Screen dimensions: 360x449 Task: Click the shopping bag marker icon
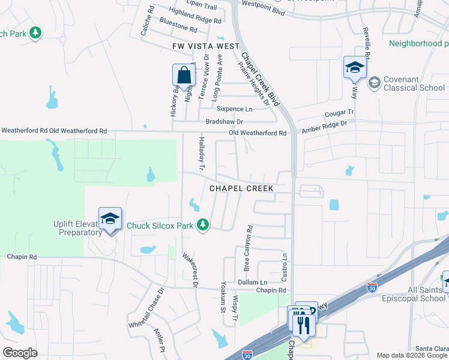[x=183, y=76]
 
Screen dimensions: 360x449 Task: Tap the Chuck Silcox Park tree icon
[x=203, y=224]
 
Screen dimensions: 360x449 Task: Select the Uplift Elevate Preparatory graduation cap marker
[x=110, y=219]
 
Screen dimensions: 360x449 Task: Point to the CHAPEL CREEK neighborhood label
[x=241, y=188]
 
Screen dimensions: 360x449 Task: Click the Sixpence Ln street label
[x=234, y=109]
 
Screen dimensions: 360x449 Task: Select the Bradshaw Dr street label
[x=224, y=121]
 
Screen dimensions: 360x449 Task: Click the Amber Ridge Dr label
[x=325, y=125]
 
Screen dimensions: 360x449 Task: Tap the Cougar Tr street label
[x=340, y=113]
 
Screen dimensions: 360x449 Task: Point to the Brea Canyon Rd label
[x=247, y=248]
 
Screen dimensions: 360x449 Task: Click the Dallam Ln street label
[x=252, y=282]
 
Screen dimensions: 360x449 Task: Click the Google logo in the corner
[x=20, y=353]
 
